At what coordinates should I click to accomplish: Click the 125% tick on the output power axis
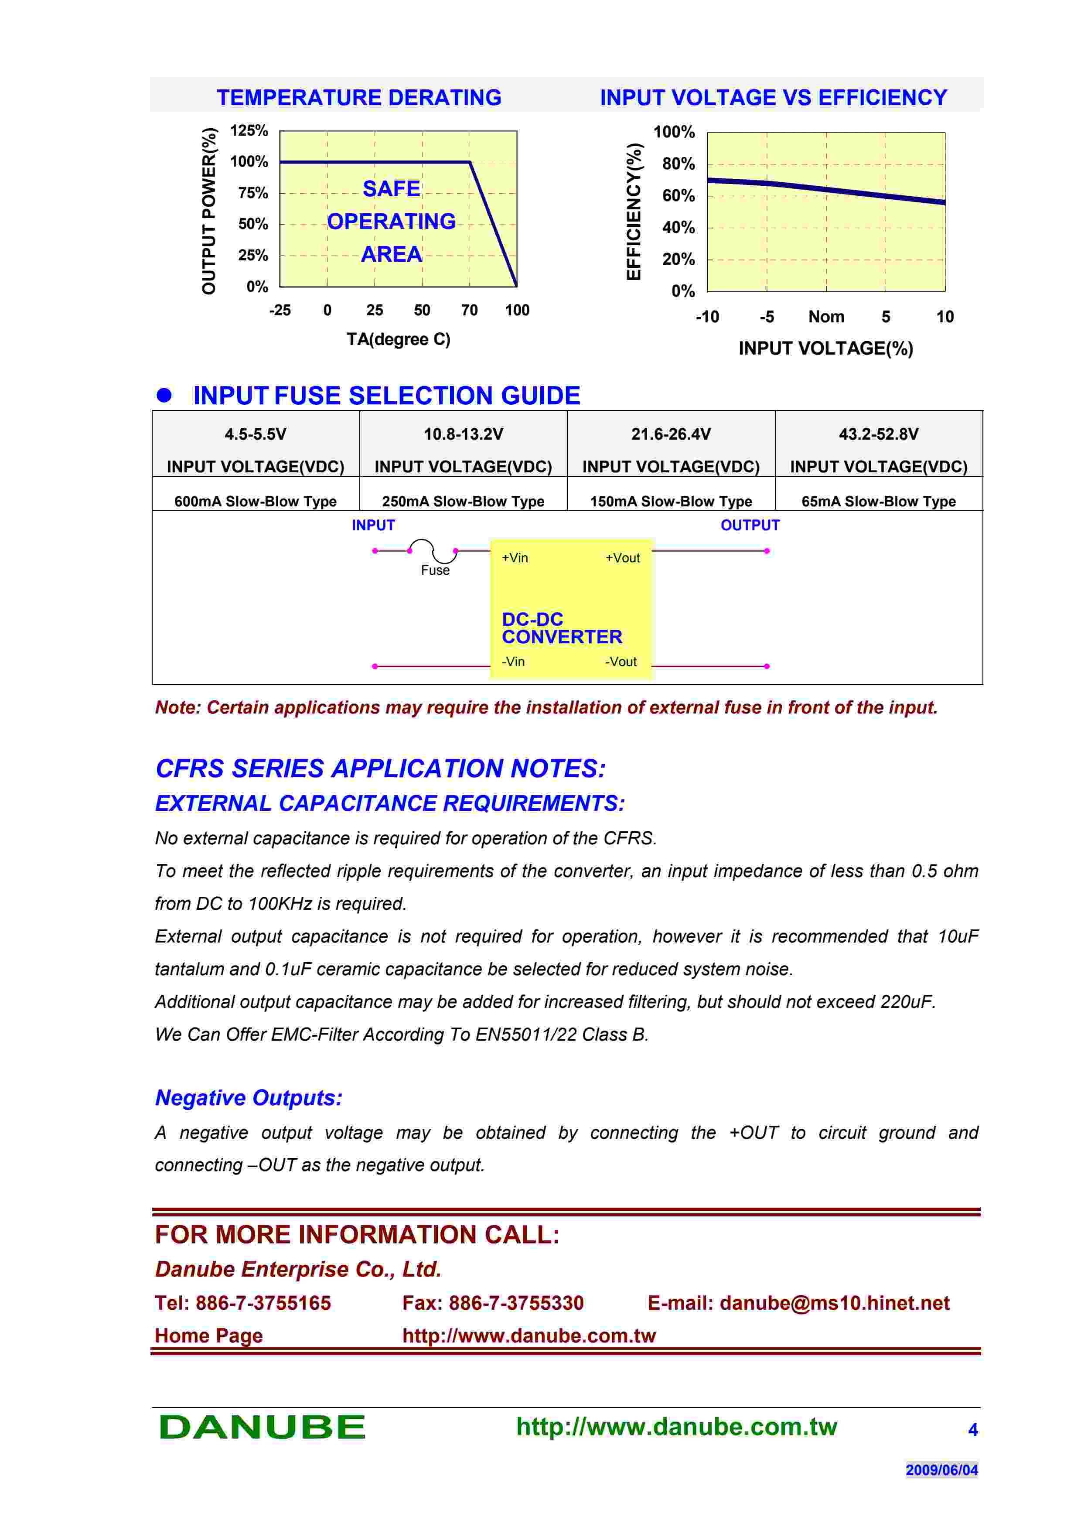click(x=249, y=130)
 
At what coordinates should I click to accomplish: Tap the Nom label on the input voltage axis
click(x=826, y=317)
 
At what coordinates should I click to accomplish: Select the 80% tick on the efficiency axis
click(x=678, y=164)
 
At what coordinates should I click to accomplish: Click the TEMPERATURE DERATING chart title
click(x=359, y=98)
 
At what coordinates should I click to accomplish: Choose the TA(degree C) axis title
click(x=398, y=340)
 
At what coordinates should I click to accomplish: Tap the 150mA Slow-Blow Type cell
click(x=671, y=501)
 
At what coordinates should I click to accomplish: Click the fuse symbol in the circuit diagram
click(x=433, y=551)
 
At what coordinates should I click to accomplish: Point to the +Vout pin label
click(x=622, y=558)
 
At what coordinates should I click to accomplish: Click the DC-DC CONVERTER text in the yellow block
click(x=562, y=628)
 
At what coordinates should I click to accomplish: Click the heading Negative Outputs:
click(x=249, y=1097)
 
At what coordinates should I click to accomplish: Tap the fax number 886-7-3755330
click(x=516, y=1303)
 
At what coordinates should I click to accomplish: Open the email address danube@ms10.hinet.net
click(x=835, y=1303)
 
